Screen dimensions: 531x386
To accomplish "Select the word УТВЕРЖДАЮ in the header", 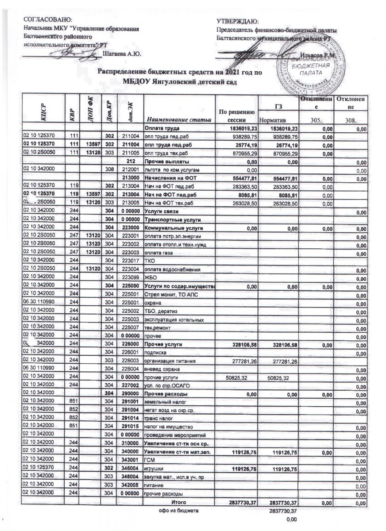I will pos(238,22).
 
